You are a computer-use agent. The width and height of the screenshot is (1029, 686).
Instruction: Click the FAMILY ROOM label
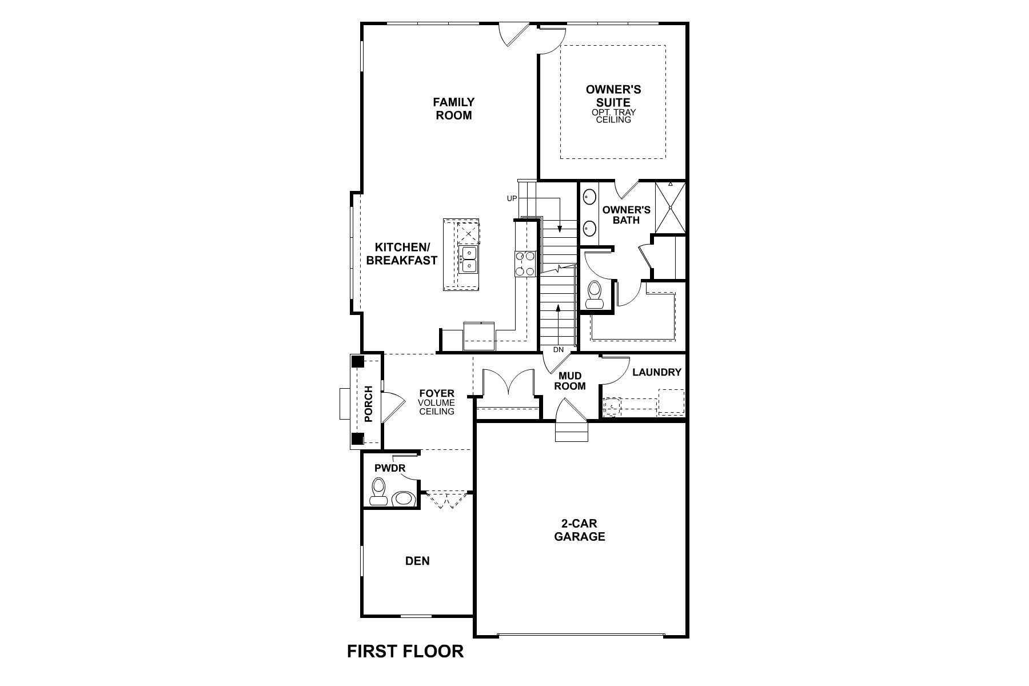[x=453, y=109]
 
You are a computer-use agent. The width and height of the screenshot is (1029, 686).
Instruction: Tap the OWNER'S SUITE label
[x=613, y=96]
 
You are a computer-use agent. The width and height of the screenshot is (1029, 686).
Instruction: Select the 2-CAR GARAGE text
[x=579, y=530]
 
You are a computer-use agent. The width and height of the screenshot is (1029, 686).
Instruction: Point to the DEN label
[x=417, y=561]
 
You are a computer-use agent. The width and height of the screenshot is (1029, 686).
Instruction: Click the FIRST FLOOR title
[x=405, y=651]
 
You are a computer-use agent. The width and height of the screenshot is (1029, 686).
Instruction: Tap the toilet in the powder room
[x=378, y=492]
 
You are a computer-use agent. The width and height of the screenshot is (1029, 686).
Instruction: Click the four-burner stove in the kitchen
[x=526, y=264]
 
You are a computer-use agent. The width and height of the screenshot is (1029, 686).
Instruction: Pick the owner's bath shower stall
[x=669, y=208]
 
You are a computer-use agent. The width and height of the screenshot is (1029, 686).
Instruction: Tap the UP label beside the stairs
[x=512, y=198]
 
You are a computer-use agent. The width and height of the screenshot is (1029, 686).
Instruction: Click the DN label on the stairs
[x=558, y=349]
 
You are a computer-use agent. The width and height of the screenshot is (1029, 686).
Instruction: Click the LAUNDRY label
[x=657, y=372]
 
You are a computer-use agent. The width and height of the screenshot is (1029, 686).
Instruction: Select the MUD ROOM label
[x=570, y=381]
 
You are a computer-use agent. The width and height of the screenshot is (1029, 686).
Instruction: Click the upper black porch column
[x=357, y=361]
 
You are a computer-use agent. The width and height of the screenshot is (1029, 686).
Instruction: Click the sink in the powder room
[x=404, y=498]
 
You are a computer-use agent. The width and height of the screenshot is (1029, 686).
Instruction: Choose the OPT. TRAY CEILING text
[x=614, y=116]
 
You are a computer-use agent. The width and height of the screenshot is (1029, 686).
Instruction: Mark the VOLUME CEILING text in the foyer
[x=436, y=407]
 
